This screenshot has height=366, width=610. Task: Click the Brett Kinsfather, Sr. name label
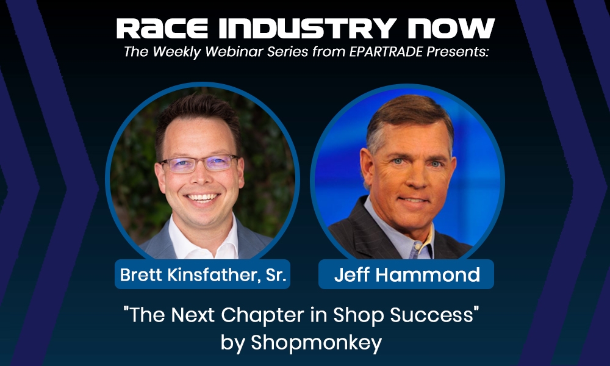pos(203,275)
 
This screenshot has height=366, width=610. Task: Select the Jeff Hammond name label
pos(407,275)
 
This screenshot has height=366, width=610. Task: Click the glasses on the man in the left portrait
pos(199,163)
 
